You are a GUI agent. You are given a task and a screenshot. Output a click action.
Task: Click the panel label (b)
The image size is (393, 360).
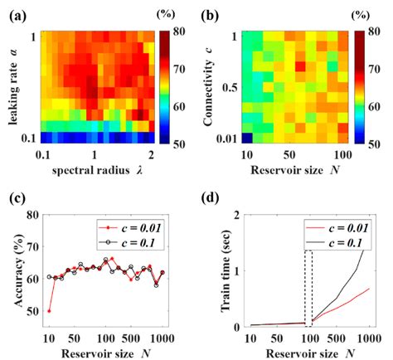pos(212,12)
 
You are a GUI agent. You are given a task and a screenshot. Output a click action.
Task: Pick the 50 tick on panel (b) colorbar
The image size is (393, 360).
pos(375,143)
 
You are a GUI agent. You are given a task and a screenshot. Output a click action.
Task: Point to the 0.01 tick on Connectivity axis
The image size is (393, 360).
pos(230,138)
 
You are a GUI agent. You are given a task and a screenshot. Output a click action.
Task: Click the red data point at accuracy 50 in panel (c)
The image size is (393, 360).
pos(49,311)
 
